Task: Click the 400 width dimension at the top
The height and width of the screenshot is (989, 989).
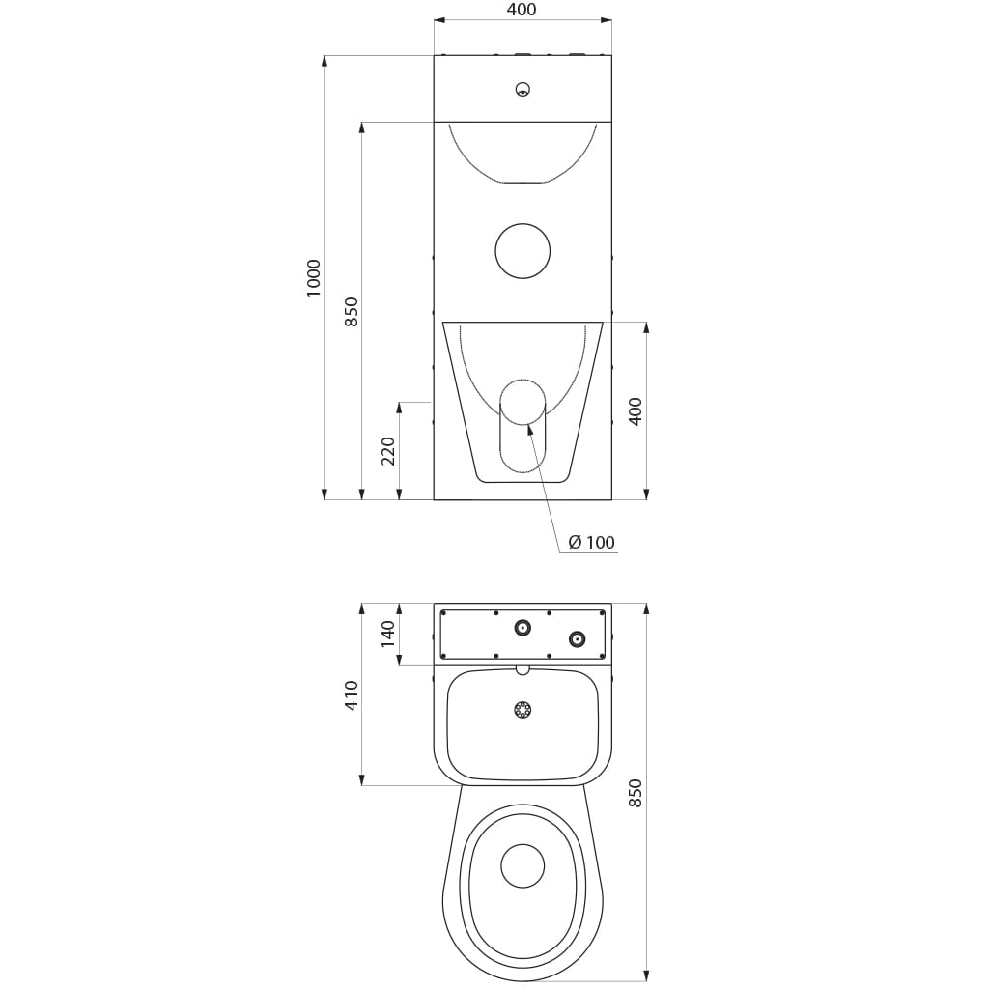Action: (522, 10)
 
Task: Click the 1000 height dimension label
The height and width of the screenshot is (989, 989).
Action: (314, 278)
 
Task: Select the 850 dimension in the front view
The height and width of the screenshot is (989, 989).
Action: (352, 312)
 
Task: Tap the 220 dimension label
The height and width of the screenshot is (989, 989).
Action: (388, 452)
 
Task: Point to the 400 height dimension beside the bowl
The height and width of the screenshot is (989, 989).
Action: (636, 411)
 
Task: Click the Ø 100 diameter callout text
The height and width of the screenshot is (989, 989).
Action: (591, 542)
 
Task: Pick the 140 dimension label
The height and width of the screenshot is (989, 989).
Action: (388, 634)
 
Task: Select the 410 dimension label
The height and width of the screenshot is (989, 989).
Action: (352, 695)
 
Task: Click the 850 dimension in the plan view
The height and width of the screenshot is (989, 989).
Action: (636, 793)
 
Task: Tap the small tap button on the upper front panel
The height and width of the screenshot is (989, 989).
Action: (523, 89)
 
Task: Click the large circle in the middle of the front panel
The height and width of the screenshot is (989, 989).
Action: (523, 251)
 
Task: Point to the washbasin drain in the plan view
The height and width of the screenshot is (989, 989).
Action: (523, 710)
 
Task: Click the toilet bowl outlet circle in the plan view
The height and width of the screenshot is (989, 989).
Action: (523, 866)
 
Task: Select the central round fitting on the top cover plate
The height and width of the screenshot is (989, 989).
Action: (523, 628)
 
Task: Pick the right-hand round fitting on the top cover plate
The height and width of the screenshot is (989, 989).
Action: (578, 639)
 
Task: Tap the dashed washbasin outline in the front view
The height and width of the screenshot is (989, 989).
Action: (523, 182)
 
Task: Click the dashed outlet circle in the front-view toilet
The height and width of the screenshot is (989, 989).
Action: (523, 380)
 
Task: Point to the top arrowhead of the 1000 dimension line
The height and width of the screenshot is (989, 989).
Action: (325, 57)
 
